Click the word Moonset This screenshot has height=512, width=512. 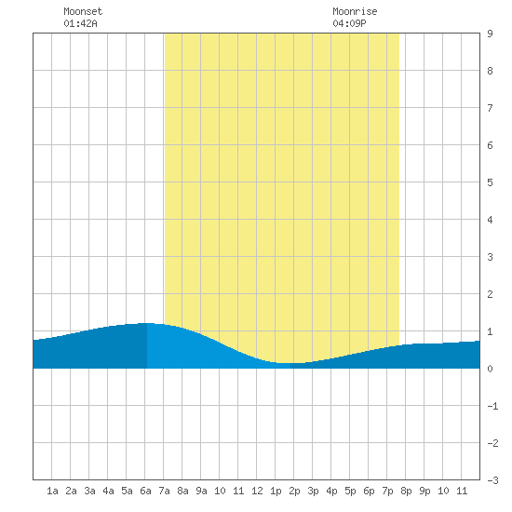[x=83, y=11]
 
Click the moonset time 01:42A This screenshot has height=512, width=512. [x=80, y=23]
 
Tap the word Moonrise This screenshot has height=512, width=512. [x=355, y=11]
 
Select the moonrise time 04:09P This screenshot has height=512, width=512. [x=349, y=23]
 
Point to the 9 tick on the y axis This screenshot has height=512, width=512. [x=490, y=34]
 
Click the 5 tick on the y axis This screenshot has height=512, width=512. [x=490, y=182]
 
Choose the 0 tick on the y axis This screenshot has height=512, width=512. [x=490, y=369]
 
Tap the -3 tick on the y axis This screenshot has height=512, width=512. [x=492, y=480]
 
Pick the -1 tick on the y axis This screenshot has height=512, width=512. [x=492, y=406]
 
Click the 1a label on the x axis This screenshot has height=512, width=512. [x=52, y=491]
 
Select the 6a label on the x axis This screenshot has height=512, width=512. [x=145, y=491]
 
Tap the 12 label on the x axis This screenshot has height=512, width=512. [x=257, y=491]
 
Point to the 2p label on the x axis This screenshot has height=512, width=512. [x=294, y=491]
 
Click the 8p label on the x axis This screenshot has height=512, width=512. [x=406, y=491]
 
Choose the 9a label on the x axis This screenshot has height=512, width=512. [x=201, y=491]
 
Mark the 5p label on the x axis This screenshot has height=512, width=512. [x=350, y=491]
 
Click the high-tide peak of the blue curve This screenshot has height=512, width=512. [x=146, y=323]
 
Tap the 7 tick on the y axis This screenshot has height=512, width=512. [x=490, y=108]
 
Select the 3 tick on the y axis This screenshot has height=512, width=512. [x=490, y=257]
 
